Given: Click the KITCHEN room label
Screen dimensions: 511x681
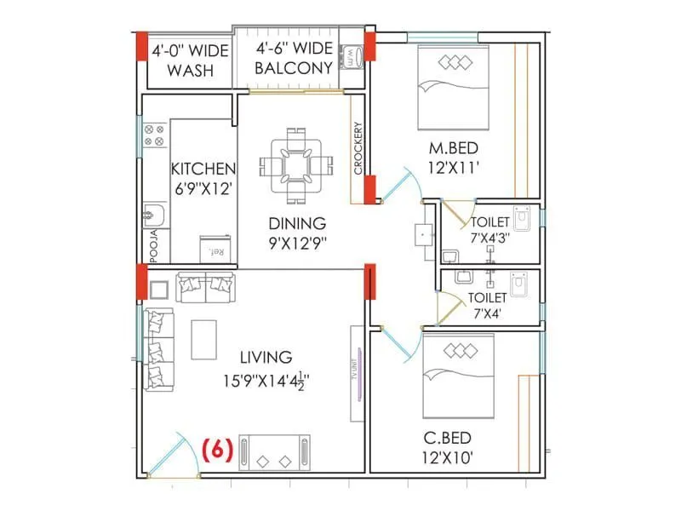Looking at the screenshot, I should coord(203,168).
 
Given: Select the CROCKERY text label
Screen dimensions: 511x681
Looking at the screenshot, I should coord(358,149).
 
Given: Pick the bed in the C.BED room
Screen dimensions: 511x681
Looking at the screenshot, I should coord(458,375).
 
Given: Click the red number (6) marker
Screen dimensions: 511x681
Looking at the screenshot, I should coord(218,450).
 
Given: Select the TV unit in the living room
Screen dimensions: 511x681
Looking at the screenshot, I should coord(358,385).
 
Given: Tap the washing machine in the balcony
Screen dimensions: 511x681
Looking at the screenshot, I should coord(352,57).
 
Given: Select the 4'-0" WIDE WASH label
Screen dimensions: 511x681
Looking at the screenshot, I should coord(190,60).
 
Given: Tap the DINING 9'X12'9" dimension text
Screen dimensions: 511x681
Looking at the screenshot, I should coord(297,242).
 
